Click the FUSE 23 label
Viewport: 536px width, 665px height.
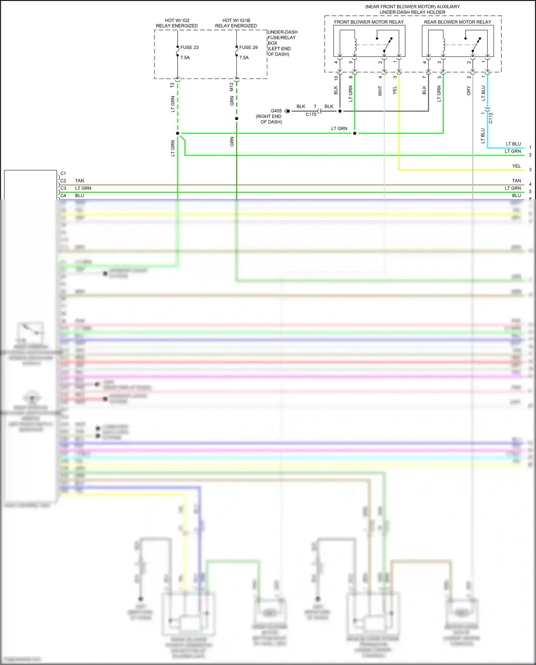[x=189, y=48]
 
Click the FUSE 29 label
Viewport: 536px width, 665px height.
[x=248, y=48]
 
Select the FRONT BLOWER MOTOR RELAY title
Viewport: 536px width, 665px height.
[x=369, y=22]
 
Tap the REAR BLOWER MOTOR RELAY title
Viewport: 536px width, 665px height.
[x=457, y=22]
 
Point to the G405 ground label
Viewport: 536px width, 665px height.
[x=276, y=111]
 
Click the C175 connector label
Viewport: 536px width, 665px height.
[x=311, y=115]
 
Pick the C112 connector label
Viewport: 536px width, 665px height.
[x=491, y=118]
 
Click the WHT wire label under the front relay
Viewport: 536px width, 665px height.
[x=380, y=91]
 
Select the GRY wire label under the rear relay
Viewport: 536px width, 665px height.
[x=469, y=91]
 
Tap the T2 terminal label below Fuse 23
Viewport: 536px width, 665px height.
[x=172, y=85]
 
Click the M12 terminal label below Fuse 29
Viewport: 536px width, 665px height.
[x=232, y=87]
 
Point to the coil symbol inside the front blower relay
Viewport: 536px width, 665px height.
[x=355, y=45]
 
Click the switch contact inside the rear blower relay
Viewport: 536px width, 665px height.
[x=476, y=44]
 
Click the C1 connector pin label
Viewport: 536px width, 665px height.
[x=63, y=174]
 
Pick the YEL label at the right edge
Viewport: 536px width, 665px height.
[x=516, y=166]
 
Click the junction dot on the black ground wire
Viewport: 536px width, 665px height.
[x=340, y=111]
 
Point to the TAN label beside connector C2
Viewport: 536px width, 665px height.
[x=79, y=181]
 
